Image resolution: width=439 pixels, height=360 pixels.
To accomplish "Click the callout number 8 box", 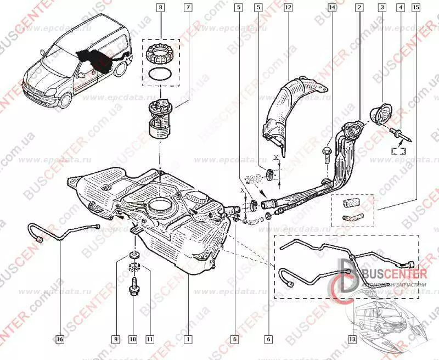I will pos(160,8).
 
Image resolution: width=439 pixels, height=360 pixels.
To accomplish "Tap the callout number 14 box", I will pos(332,8).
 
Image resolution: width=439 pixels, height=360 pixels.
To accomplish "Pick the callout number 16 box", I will pos(60,339).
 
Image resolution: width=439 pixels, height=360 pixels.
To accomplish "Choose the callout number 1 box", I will pos(188,339).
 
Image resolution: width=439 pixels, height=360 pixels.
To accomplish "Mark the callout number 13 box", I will pos(352,339).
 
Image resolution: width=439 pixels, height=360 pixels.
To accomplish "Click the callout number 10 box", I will pos(132,339).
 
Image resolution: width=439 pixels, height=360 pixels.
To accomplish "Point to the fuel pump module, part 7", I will pos(160,118).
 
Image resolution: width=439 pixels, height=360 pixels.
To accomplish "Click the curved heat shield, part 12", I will pos(291,104).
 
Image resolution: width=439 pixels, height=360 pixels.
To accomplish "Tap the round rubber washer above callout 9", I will pos(133,255).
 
